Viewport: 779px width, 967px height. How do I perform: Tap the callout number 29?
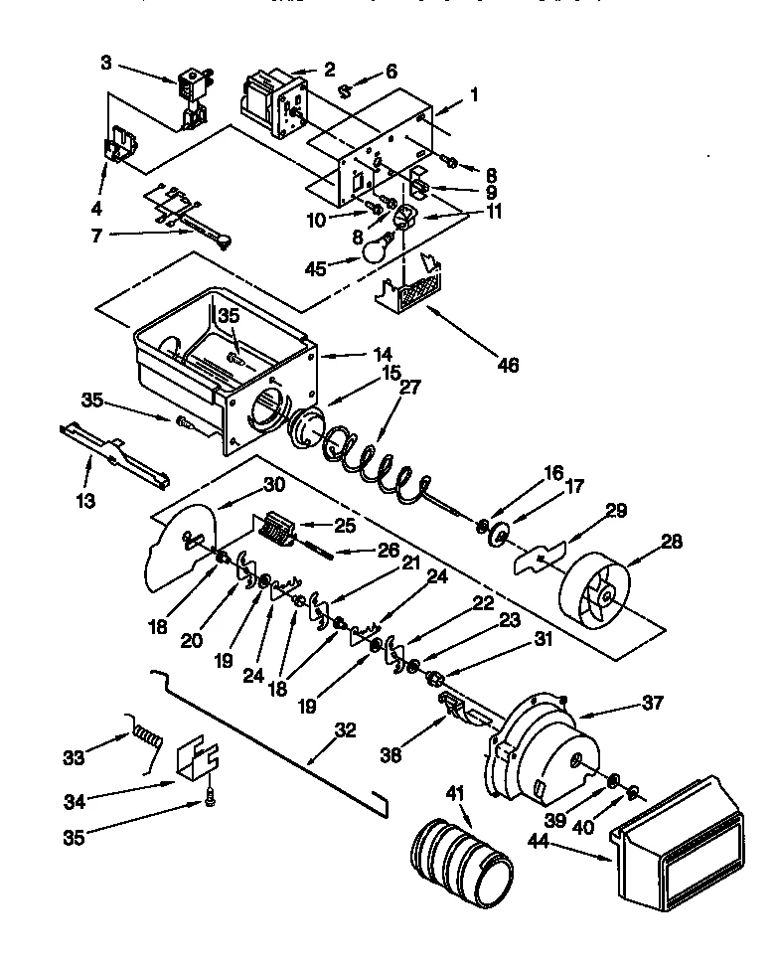[x=616, y=511]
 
